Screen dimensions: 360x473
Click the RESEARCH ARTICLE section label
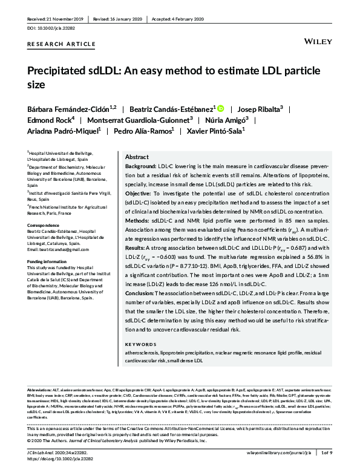[61, 45]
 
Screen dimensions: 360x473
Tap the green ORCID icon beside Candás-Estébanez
[221, 109]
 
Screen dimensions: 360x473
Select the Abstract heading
[136, 156]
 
